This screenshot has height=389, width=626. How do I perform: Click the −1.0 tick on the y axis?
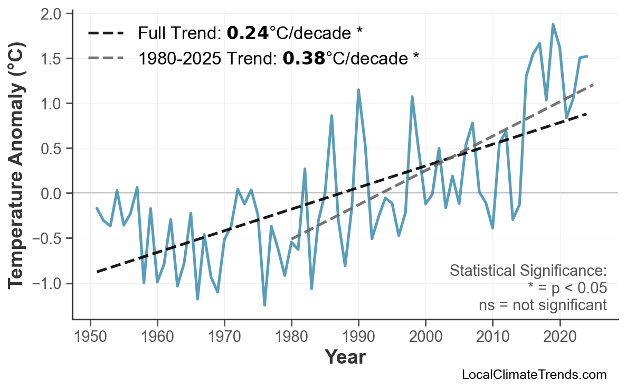[x=54, y=284]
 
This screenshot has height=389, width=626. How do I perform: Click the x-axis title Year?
[x=345, y=357]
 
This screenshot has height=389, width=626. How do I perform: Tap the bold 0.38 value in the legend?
[x=303, y=58]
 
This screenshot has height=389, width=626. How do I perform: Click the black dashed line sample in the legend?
[x=106, y=33]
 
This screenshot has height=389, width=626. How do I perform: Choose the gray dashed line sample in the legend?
[x=106, y=58]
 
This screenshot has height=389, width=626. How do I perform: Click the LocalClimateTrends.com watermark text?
[x=534, y=375]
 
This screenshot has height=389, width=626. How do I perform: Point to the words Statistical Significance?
[x=528, y=271]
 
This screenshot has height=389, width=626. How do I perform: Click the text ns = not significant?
[x=543, y=305]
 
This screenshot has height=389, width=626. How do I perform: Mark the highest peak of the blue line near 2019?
[x=553, y=24]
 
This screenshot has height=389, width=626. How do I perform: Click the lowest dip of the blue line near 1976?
[x=264, y=305]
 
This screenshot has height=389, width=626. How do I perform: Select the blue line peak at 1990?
[x=358, y=90]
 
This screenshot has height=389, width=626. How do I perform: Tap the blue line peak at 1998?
[x=412, y=97]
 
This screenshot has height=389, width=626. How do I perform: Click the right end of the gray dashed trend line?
[x=593, y=85]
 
